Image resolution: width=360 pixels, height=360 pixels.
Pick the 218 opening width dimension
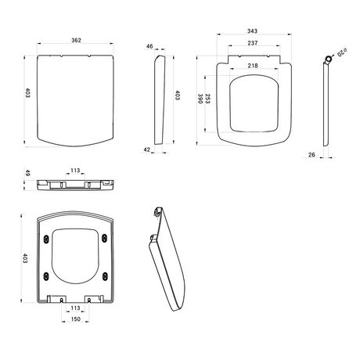[x=253, y=66]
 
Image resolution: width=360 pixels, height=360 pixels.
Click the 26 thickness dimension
[x=312, y=155]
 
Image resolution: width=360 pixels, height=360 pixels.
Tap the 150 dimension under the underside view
[x=76, y=320]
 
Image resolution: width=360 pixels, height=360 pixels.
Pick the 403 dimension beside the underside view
[x=25, y=258]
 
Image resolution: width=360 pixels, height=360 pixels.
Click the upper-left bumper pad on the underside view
[x=50, y=237]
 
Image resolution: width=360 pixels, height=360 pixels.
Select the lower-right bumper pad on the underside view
[x=103, y=273]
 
